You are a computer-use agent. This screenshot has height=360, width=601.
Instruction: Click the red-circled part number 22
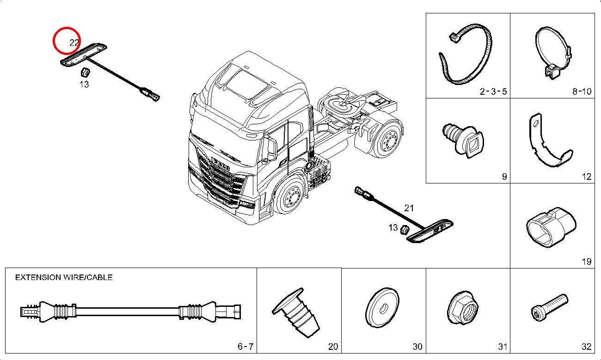click(74, 43)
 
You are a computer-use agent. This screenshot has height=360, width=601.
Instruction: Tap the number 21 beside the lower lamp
click(409, 208)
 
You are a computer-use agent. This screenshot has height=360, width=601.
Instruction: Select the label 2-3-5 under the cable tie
click(493, 91)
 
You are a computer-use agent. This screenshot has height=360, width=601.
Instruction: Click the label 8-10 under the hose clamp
click(582, 91)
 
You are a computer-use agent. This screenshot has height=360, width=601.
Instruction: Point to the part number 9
click(504, 176)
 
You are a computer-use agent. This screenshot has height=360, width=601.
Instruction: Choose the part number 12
click(586, 176)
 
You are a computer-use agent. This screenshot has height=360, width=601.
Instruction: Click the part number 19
click(586, 262)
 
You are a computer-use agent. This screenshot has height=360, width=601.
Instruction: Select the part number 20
click(333, 347)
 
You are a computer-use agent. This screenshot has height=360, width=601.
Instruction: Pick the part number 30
click(417, 347)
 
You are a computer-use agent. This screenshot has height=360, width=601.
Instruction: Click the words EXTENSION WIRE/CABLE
click(64, 277)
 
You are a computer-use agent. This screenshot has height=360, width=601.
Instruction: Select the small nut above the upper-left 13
click(85, 72)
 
